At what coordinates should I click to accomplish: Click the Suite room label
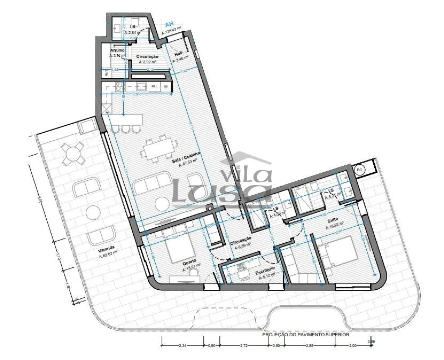(333, 220)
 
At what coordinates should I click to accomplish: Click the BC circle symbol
(359, 170)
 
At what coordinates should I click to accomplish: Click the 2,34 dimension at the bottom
(183, 345)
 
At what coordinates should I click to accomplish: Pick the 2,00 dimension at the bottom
(353, 345)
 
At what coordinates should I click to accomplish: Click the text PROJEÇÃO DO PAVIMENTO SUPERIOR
(306, 335)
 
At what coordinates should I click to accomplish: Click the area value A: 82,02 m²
(107, 254)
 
